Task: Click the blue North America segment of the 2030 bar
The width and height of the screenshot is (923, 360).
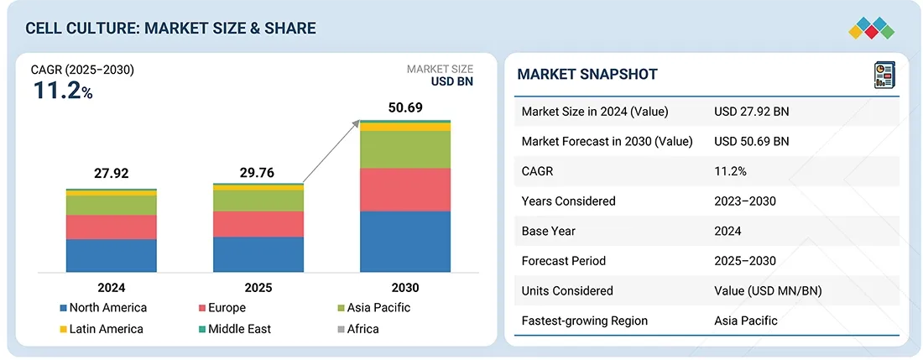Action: point(405,242)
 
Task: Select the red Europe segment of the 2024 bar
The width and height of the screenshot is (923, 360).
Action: point(112,227)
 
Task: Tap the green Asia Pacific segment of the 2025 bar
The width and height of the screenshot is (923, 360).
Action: point(258,201)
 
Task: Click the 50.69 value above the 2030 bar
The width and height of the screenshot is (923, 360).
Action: point(405,107)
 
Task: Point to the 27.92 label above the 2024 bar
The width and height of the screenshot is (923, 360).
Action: point(112,174)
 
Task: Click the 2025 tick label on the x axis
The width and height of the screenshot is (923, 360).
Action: point(258,287)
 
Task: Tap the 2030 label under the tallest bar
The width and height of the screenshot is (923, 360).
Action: point(405,287)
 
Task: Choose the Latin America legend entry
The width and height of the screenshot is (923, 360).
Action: point(102,329)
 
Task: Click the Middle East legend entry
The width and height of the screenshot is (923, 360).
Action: point(234,329)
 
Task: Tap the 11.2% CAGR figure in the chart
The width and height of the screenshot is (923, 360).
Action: point(63,91)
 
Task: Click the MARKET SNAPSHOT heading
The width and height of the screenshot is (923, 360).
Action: point(587,74)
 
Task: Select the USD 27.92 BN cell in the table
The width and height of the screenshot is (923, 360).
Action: point(751,112)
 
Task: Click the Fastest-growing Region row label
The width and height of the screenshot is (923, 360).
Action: point(584,321)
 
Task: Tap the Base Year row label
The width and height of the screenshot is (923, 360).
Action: point(549,231)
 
